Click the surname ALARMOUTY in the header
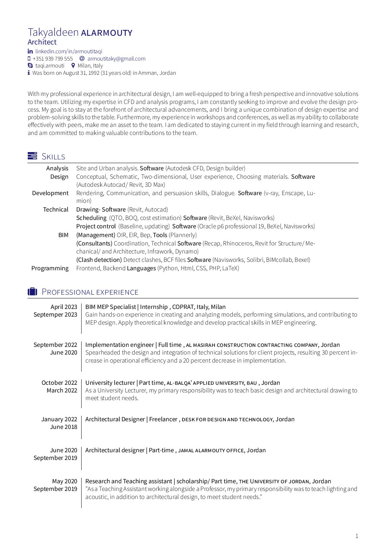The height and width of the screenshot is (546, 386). (107, 33)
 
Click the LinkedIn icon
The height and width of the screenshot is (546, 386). (30, 51)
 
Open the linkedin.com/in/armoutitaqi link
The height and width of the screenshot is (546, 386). (69, 51)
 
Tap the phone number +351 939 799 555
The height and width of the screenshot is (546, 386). (53, 59)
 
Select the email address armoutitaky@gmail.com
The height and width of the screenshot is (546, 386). (116, 59)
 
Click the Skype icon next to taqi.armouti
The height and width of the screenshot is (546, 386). (30, 66)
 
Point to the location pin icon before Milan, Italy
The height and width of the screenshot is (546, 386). (73, 66)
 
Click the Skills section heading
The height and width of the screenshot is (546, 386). (53, 156)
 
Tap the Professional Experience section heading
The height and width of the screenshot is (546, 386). (90, 292)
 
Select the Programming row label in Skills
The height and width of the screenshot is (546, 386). (50, 268)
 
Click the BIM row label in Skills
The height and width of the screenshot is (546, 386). (63, 235)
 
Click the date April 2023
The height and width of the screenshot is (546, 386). (64, 307)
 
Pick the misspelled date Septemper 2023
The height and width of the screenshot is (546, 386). (55, 314)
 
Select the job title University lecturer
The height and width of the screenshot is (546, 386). (110, 383)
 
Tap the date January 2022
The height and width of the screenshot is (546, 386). (59, 419)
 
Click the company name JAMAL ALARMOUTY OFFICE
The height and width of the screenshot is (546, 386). (211, 450)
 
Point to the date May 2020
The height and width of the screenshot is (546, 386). (65, 481)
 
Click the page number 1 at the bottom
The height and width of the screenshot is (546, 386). (357, 536)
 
